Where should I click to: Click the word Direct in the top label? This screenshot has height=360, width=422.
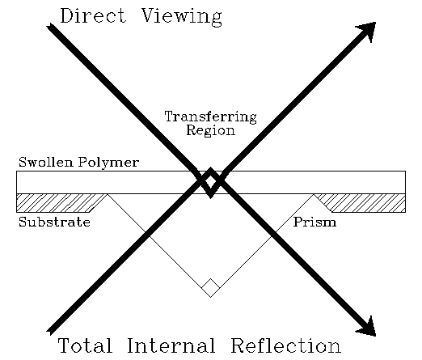tap(91, 16)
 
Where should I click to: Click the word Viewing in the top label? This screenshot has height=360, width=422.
tap(179, 17)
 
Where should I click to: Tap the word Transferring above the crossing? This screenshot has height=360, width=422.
tap(210, 116)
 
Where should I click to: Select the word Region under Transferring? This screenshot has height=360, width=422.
tap(210, 130)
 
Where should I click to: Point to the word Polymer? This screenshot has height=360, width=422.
tap(109, 163)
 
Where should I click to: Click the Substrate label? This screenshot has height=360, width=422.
tap(54, 222)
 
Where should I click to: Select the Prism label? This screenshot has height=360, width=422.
tap(314, 222)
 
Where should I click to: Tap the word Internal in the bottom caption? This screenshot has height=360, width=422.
tap(172, 346)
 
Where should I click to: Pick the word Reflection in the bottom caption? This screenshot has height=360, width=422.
tap(285, 346)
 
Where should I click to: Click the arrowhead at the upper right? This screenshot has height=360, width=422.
tap(367, 31)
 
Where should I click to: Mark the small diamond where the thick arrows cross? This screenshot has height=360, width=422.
tap(210, 182)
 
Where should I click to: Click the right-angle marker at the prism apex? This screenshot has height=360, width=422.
tap(210, 287)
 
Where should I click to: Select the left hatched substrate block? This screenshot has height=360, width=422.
tap(57, 202)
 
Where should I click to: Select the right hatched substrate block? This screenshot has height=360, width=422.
tap(364, 202)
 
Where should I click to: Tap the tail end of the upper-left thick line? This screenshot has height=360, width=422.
tap(50, 27)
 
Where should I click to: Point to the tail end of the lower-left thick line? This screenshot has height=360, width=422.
tap(50, 331)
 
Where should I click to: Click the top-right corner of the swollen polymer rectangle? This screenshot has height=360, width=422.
tap(404, 171)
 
